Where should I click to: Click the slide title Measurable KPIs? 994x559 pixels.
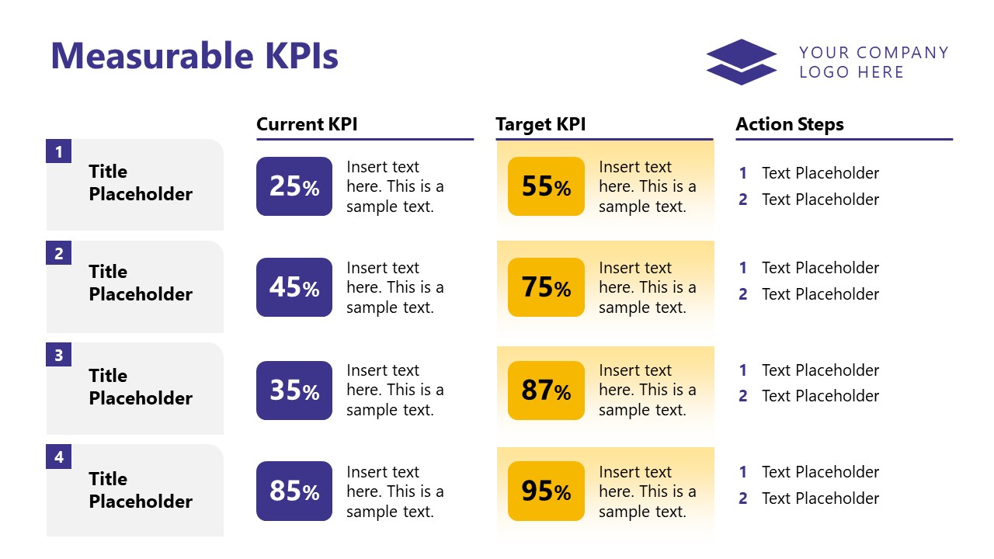pos(194,57)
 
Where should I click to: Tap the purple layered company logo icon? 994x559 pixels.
pos(741,62)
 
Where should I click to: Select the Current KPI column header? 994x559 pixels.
pos(307,124)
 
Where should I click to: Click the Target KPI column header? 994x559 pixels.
pos(540,124)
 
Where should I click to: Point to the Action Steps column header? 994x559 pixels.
pos(789,124)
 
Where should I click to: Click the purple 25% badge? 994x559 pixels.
pos(294,186)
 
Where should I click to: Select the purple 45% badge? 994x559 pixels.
pos(294,287)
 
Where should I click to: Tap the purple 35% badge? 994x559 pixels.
pos(294,390)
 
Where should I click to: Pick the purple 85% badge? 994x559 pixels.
pos(294,491)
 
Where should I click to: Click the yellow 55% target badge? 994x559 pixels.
pos(546,186)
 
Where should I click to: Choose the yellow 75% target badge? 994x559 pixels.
pos(546,287)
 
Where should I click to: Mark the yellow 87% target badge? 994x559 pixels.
pos(546,390)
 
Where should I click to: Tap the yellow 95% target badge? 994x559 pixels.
pos(546,491)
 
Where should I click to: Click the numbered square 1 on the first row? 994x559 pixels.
pos(59,151)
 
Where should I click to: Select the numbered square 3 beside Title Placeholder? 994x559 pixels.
pos(59,356)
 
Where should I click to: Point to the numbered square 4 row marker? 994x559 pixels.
pos(59,457)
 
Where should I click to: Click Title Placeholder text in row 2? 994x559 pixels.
pos(140,283)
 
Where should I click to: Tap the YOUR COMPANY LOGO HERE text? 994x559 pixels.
pos(874,62)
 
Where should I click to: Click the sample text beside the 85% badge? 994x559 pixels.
pos(395,491)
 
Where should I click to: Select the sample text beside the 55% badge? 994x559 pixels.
pos(648,186)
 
